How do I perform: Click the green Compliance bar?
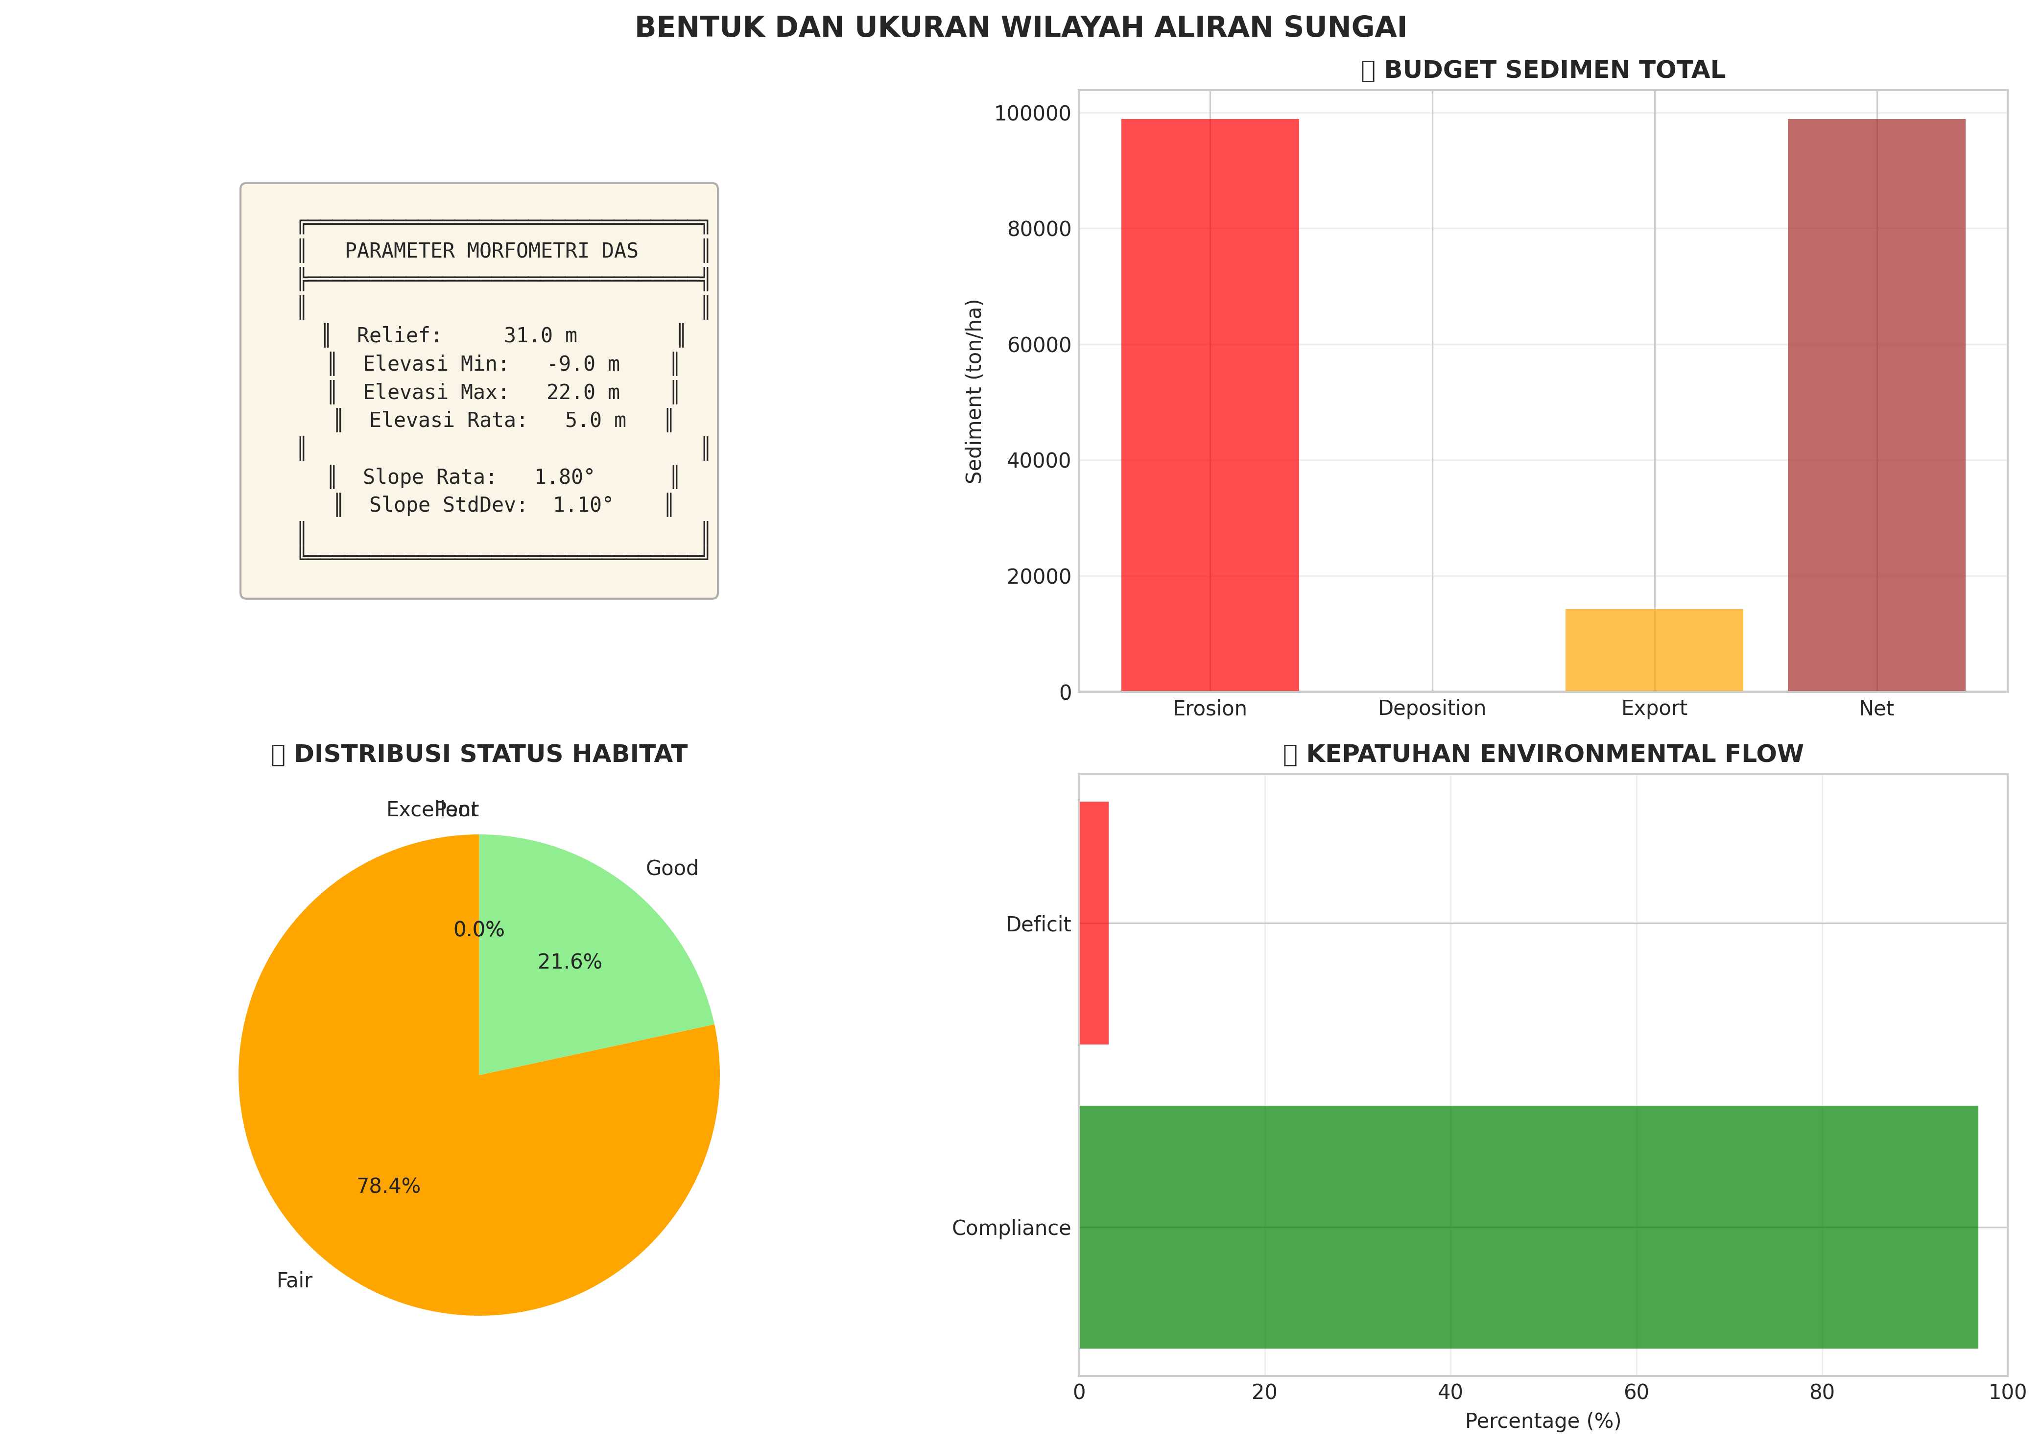pyautogui.click(x=1528, y=1227)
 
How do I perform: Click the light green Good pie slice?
pyautogui.click(x=588, y=945)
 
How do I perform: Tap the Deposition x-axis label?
pyautogui.click(x=1432, y=709)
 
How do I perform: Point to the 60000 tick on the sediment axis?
pyautogui.click(x=1039, y=345)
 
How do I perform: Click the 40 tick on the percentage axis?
pyautogui.click(x=1449, y=1392)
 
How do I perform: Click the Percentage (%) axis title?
pyautogui.click(x=1542, y=1420)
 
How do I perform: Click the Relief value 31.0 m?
pyautogui.click(x=540, y=336)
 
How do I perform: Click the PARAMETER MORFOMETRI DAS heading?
pyautogui.click(x=491, y=251)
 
